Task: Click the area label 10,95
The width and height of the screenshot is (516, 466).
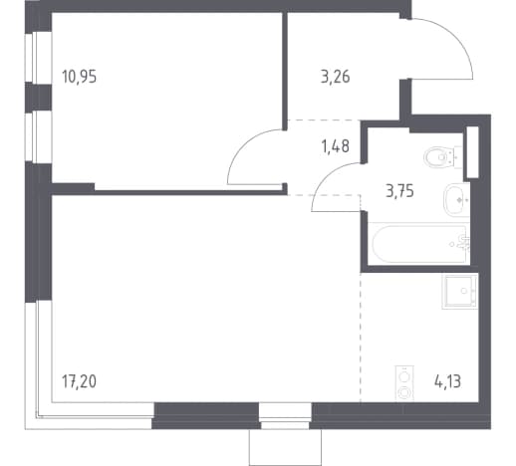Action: pyautogui.click(x=79, y=77)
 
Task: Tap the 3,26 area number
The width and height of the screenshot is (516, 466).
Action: pyautogui.click(x=335, y=77)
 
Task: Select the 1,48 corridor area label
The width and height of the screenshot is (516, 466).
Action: pyautogui.click(x=335, y=146)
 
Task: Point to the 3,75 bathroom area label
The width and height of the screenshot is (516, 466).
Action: pyautogui.click(x=399, y=191)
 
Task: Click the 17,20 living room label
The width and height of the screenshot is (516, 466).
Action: pyautogui.click(x=79, y=381)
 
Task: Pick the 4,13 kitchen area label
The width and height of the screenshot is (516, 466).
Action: pyautogui.click(x=447, y=381)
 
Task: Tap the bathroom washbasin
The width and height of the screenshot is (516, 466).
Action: pyautogui.click(x=456, y=200)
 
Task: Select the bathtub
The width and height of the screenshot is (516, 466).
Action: pyautogui.click(x=419, y=244)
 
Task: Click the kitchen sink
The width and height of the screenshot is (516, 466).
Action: pyautogui.click(x=460, y=291)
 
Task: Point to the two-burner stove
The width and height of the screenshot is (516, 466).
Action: pyautogui.click(x=404, y=384)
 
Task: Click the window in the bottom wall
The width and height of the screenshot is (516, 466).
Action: pyautogui.click(x=285, y=416)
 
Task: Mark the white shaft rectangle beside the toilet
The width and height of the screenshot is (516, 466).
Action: pyautogui.click(x=473, y=151)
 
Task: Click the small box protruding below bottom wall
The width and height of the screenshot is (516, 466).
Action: pyautogui.click(x=285, y=447)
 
